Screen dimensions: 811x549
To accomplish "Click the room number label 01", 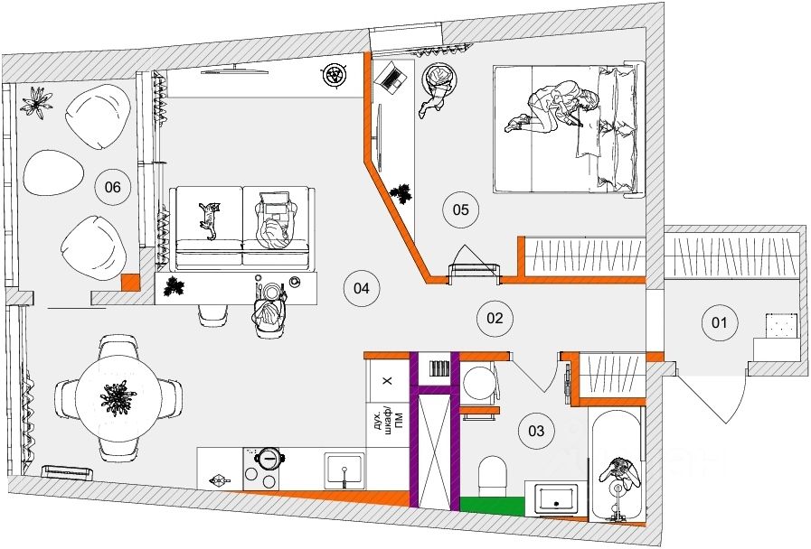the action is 721,322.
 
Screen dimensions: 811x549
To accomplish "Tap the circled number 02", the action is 495,318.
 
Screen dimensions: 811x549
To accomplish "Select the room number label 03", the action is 536,432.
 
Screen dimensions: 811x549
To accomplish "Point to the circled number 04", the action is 361,289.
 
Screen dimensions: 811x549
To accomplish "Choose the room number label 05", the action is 459,210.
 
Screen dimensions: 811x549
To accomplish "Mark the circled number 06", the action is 113,188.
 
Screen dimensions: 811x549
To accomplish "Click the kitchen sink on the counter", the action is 344,470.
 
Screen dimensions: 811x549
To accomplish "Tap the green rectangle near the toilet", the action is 494,504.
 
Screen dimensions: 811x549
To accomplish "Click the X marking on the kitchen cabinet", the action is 387,382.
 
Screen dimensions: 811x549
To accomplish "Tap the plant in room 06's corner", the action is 38,101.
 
